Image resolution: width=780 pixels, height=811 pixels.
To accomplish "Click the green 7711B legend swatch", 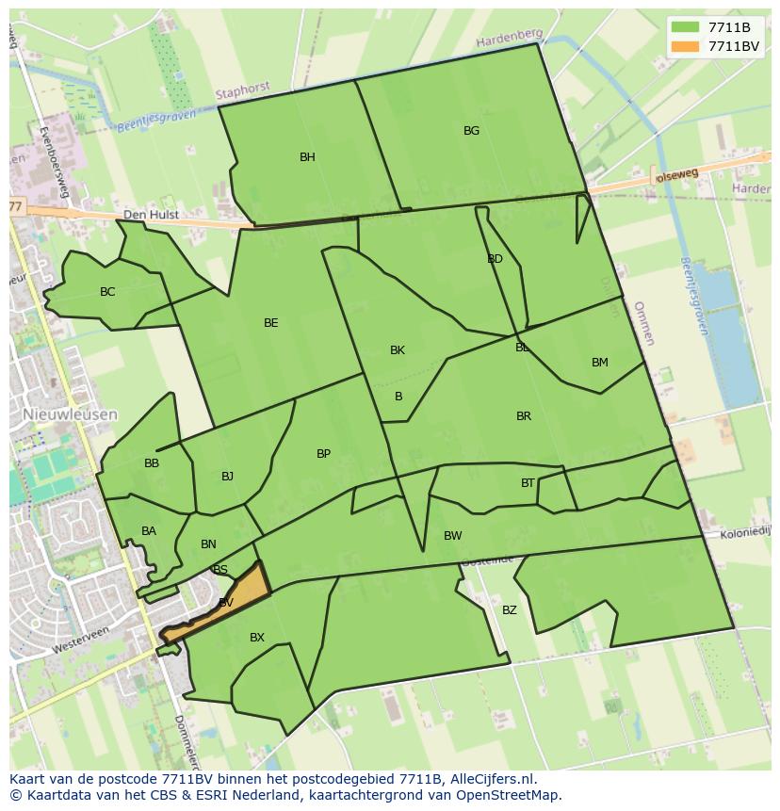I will [x=685, y=27].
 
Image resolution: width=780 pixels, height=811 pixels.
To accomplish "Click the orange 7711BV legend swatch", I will [x=685, y=45].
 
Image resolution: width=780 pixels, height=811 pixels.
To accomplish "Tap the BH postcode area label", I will [x=307, y=157].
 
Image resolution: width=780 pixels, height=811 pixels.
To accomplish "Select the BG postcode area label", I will [x=471, y=131].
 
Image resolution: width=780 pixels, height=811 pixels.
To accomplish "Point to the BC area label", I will [x=107, y=292].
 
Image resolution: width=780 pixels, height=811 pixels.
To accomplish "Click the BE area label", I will [x=271, y=323].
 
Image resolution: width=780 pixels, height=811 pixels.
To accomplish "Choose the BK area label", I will [x=398, y=350].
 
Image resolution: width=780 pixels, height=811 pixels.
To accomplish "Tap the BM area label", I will [x=600, y=363].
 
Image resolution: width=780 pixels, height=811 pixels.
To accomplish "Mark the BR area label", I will [x=524, y=416].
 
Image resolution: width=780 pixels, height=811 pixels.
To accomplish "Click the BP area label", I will [x=323, y=454].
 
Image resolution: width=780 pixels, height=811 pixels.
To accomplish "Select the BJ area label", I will [x=227, y=477].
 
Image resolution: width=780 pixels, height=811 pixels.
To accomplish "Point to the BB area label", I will [x=152, y=463].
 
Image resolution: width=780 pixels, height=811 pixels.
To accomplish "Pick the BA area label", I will [x=149, y=531].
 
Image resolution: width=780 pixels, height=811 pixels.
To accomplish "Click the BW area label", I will [x=453, y=536].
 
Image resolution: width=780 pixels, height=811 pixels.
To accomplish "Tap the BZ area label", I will [x=510, y=610].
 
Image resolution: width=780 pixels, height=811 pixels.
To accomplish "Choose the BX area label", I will [x=257, y=638].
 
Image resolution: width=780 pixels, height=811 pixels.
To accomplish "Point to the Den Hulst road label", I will [x=151, y=215].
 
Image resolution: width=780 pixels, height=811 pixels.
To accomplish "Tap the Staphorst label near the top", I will [x=242, y=91].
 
